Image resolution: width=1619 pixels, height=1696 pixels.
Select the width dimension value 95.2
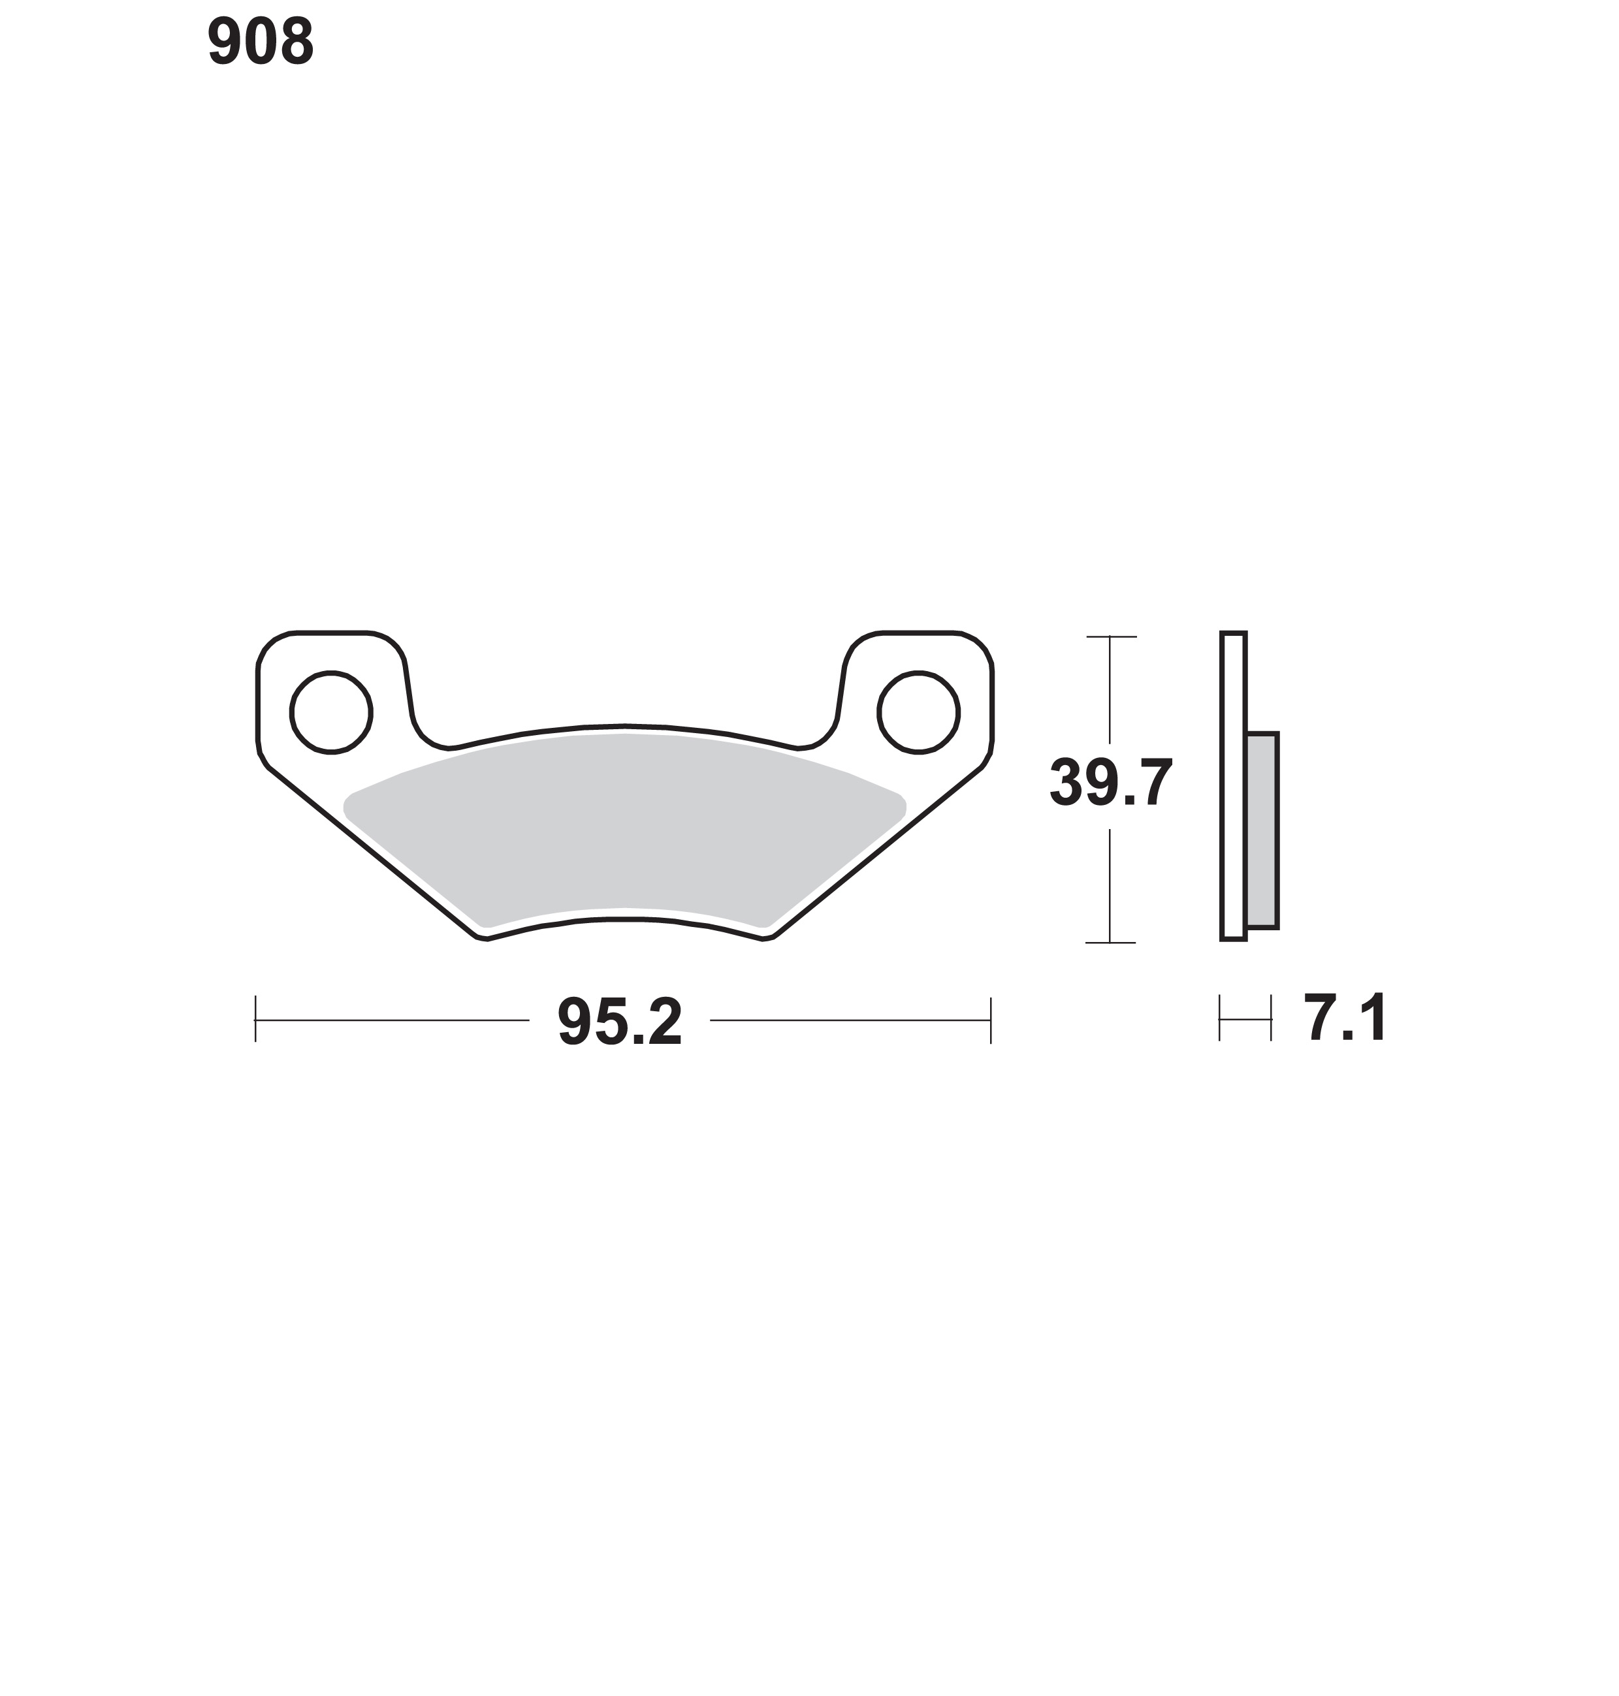point(620,1022)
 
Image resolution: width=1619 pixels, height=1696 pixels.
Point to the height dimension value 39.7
point(1112,783)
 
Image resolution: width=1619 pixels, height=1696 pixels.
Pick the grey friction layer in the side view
point(1262,830)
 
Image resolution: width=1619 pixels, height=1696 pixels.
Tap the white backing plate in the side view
point(1233,786)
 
